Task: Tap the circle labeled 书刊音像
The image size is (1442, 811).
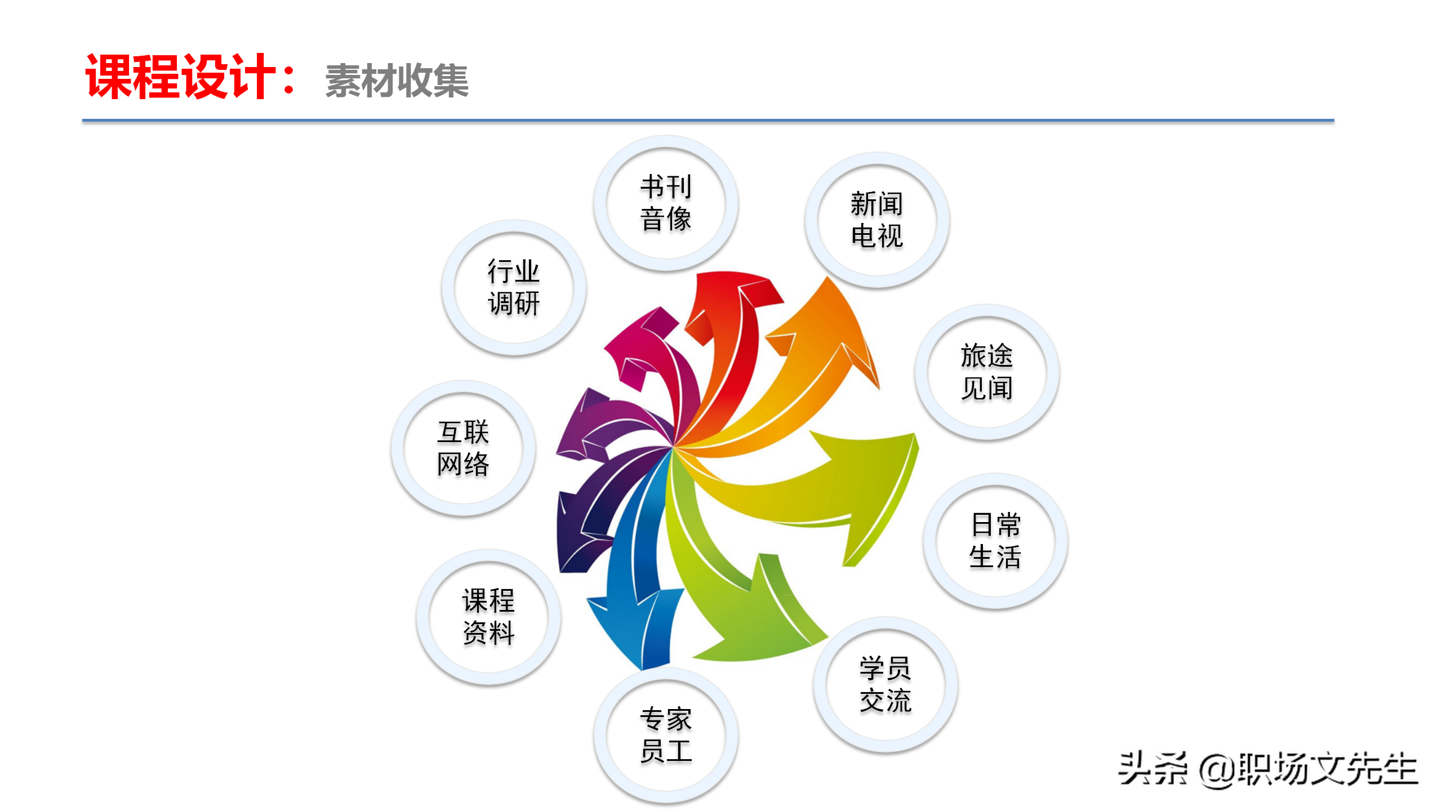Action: click(666, 203)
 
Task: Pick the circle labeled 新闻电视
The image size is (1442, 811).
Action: click(877, 220)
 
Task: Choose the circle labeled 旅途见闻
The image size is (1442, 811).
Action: click(987, 372)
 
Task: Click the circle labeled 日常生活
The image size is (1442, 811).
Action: click(995, 541)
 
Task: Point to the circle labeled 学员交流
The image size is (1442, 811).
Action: click(885, 684)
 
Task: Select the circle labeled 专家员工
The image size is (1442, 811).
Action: click(666, 735)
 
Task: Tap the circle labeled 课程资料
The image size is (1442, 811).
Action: click(488, 617)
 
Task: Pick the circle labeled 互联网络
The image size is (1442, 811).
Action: click(463, 448)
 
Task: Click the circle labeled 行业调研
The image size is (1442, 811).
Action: click(514, 287)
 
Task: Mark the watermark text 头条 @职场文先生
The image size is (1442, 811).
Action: click(1267, 769)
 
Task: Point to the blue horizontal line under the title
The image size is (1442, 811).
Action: click(708, 121)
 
